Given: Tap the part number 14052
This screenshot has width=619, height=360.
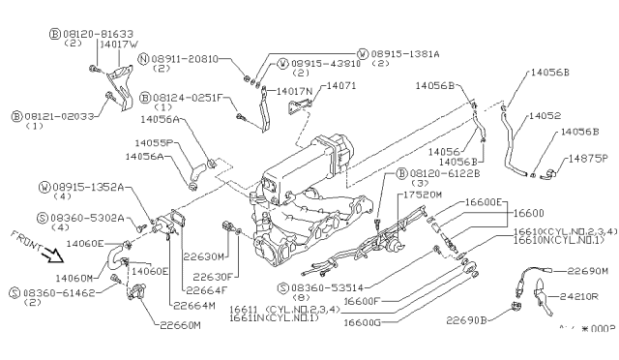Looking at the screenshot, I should [546, 114].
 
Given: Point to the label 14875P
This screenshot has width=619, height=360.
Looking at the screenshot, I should [580, 159].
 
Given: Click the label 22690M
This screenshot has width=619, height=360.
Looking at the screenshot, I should [589, 271].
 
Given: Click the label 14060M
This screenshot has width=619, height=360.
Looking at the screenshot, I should [74, 277].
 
